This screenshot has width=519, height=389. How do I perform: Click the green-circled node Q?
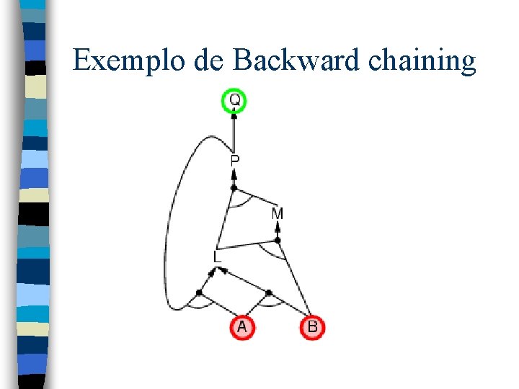pos(235,101)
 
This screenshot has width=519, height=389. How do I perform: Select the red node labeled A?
pos(242,327)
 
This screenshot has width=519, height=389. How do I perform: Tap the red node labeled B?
pos(312,327)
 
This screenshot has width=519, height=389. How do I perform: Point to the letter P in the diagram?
pos(235,161)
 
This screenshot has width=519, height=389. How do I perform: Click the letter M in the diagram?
pos(278,213)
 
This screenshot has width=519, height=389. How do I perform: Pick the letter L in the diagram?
pos(218,256)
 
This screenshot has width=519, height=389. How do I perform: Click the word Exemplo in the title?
pos(129,61)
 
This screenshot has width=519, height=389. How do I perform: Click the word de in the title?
pos(210,61)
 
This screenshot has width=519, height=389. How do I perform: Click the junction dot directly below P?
pos(234,188)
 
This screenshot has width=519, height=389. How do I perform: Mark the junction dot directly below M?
pos(278,240)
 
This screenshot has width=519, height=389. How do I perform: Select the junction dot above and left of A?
pos(199,292)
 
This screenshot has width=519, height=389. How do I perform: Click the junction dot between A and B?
pos(268,292)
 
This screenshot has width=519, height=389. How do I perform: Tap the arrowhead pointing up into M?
pos(278,225)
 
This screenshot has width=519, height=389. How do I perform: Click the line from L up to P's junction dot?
pos(226,220)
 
